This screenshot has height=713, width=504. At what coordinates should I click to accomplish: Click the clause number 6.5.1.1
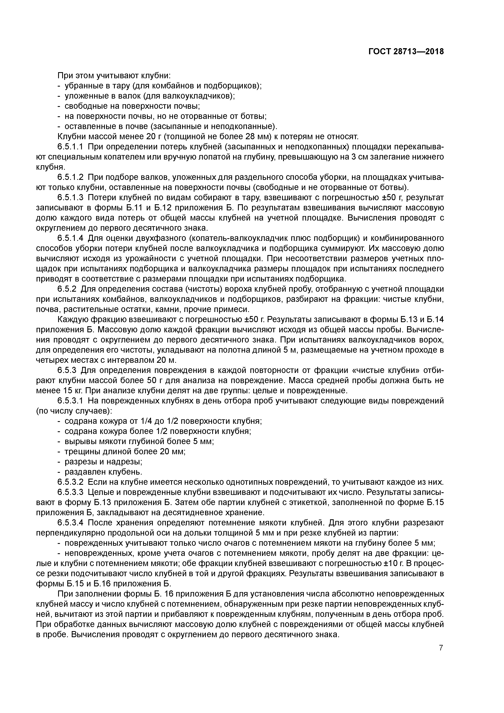[71, 147]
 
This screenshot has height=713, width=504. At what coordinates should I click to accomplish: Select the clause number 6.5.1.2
[71, 177]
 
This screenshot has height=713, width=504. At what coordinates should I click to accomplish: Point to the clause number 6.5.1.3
[71, 198]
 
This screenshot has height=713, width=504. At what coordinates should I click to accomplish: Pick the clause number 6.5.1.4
[71, 238]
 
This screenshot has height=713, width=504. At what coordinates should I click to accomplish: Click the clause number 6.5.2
[67, 289]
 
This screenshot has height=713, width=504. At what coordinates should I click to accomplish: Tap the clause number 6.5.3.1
[71, 401]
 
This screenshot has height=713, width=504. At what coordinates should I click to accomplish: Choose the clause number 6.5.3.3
[71, 492]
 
